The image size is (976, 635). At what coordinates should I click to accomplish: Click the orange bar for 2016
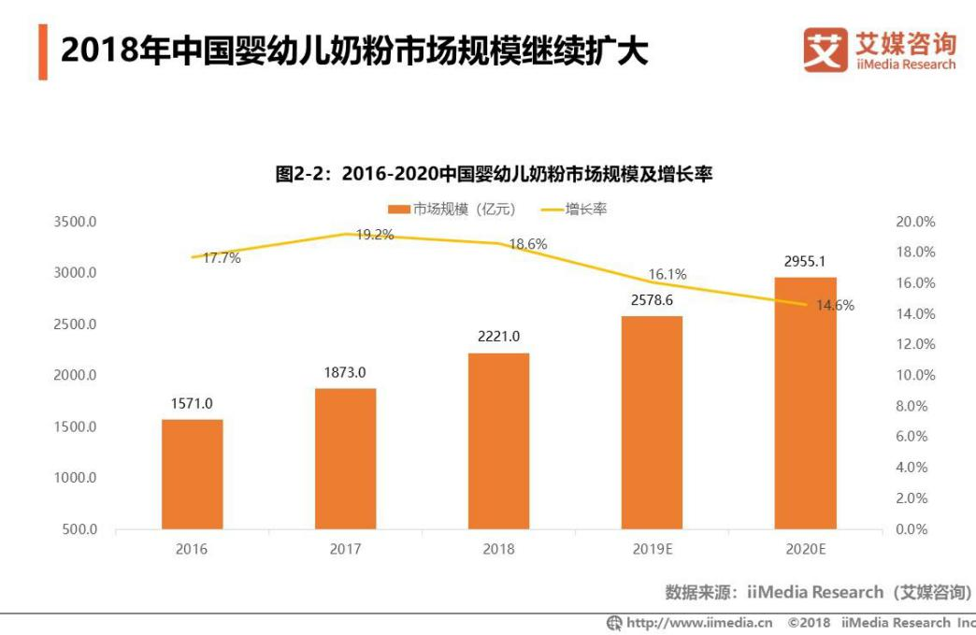(192, 474)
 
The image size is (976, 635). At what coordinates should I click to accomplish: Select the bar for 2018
(498, 440)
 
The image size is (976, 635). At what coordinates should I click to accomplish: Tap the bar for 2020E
(805, 403)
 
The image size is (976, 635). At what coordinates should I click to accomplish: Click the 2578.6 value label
(652, 300)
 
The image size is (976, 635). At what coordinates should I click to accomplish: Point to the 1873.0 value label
(345, 372)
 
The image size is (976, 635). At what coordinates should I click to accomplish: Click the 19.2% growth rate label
(374, 235)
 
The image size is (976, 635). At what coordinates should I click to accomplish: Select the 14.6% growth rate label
(834, 305)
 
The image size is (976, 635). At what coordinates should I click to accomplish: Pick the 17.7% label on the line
(222, 258)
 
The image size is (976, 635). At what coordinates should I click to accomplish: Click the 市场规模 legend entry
(452, 209)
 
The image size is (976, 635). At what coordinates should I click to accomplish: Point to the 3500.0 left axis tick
(77, 222)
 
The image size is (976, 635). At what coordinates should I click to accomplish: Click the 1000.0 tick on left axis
(77, 478)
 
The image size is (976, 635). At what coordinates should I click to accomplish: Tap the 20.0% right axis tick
(914, 222)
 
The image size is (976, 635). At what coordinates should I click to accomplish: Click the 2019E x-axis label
(652, 549)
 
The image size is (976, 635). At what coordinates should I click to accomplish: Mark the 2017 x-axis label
(345, 549)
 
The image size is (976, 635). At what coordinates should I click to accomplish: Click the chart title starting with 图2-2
(494, 173)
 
